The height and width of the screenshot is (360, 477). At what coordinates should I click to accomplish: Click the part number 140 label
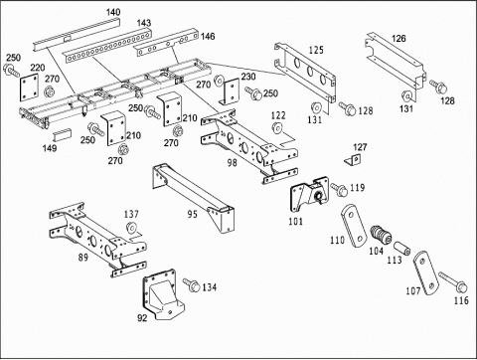tap(113, 13)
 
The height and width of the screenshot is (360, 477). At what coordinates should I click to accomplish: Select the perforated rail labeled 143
tap(107, 47)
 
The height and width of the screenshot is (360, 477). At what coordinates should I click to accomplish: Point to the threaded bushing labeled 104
tap(381, 235)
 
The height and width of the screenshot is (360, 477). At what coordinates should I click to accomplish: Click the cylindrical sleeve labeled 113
tap(402, 249)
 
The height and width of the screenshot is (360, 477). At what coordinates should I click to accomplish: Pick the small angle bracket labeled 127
tap(353, 159)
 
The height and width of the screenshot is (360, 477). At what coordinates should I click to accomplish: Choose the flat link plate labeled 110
tap(354, 226)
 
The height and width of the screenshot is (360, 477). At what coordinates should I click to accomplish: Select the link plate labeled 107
tap(426, 272)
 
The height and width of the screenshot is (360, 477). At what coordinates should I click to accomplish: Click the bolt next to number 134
tap(191, 284)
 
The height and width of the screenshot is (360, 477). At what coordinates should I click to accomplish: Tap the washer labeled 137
tap(131, 228)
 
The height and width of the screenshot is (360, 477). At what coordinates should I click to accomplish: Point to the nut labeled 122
tap(277, 127)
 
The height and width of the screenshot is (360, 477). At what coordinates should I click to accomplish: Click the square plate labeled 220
tap(30, 88)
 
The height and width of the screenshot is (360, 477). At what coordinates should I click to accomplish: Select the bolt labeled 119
tap(338, 189)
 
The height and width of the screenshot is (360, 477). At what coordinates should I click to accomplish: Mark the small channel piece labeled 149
tap(62, 134)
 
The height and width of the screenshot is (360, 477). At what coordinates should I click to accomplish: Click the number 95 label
tap(193, 214)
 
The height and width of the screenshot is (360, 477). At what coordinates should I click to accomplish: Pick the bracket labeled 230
tap(231, 91)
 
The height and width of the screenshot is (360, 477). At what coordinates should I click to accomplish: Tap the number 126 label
tap(398, 39)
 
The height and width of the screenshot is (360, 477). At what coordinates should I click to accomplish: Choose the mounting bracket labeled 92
tap(160, 294)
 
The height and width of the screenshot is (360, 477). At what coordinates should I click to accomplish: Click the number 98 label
tap(232, 162)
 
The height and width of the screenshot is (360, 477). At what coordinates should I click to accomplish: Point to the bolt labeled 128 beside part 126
tap(438, 86)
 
